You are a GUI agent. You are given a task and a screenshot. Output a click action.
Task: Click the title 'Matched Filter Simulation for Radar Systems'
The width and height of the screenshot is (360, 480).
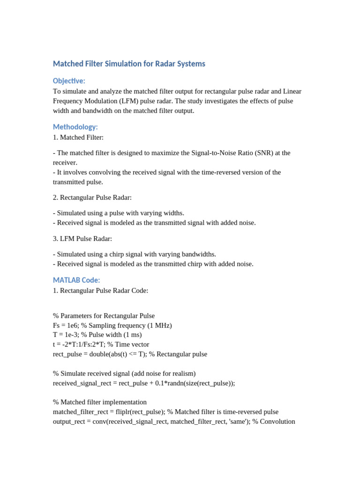coord(129,64)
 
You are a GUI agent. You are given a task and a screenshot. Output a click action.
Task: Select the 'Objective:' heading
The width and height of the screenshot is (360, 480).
coord(69,81)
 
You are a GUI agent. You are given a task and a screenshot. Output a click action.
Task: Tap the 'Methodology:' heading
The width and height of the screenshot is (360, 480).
coord(75,127)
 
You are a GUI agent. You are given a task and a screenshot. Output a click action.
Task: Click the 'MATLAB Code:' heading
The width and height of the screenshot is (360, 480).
coord(76,280)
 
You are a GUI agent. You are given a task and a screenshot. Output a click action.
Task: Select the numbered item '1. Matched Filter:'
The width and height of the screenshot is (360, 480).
coord(78,137)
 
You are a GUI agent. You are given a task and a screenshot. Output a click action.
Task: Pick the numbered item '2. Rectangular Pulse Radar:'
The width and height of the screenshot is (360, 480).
coord(92,197)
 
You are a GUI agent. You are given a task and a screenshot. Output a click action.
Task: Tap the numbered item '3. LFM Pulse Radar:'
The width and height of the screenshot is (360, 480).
coord(82,239)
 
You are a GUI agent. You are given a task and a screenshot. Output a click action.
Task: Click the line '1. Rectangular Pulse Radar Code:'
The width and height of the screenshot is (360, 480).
coord(100,290)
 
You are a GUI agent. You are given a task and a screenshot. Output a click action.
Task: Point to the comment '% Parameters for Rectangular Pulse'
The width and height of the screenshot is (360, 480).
coord(104,315)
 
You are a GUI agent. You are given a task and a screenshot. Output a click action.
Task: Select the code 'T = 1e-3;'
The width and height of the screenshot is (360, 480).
coord(67,335)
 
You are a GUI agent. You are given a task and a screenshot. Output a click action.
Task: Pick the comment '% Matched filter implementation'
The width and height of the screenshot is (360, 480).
coord(100,402)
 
